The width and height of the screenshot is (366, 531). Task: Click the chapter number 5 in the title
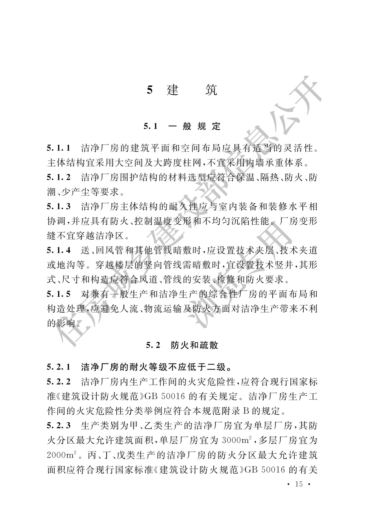(150, 90)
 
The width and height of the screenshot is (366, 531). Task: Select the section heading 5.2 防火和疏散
(182, 345)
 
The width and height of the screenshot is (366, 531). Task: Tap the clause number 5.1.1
(59, 148)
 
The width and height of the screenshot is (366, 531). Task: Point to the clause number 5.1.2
(59, 177)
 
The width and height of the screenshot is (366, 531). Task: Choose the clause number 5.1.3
(59, 207)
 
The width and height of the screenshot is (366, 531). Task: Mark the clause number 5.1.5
(59, 294)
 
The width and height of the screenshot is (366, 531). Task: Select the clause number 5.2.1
(59, 367)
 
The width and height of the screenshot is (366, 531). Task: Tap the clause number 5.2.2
(59, 382)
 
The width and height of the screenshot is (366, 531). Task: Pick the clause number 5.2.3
(59, 426)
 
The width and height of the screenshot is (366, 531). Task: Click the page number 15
(299, 484)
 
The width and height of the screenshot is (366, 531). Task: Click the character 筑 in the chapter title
(211, 90)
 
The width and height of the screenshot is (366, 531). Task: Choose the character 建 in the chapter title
(173, 90)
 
